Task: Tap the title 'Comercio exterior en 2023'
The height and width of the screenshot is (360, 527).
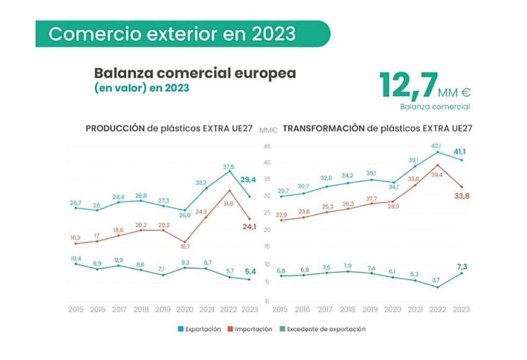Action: [172, 34]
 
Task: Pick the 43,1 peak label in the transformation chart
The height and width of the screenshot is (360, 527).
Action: [436, 146]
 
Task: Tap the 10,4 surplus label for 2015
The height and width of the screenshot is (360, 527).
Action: [75, 259]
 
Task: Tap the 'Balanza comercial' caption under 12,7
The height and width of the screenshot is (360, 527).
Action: [435, 106]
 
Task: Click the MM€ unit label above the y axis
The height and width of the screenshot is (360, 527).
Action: [267, 130]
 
